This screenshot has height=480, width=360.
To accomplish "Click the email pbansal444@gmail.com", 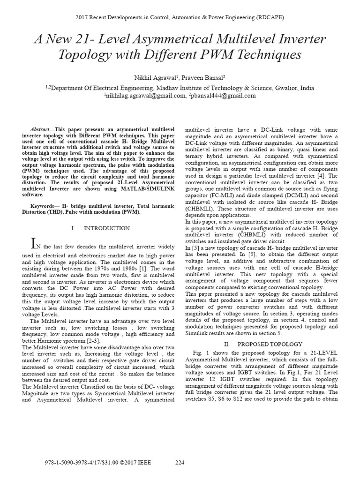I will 223,95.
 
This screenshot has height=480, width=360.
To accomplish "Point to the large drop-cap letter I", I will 33,243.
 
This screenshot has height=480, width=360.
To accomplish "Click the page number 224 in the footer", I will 180,463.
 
